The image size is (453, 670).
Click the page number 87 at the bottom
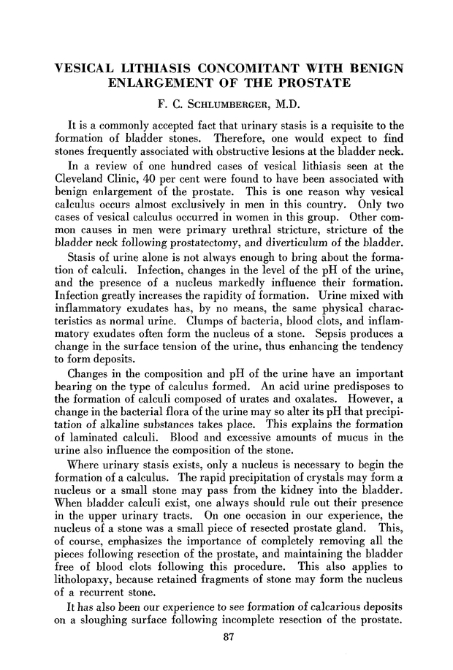pos(226,643)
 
